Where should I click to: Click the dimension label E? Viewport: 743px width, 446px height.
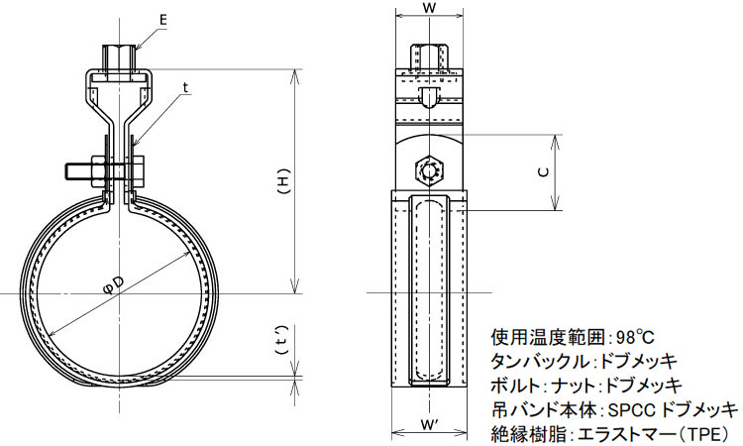tap(163, 20)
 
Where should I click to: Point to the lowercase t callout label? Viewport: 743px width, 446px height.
tap(185, 87)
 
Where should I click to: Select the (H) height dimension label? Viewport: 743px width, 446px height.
tap(283, 181)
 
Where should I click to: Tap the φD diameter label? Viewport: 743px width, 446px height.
tap(114, 285)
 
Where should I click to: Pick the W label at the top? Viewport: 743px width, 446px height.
tap(429, 8)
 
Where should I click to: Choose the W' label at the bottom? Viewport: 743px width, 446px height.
tap(429, 425)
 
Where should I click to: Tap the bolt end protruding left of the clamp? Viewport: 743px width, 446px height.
tap(75, 171)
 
